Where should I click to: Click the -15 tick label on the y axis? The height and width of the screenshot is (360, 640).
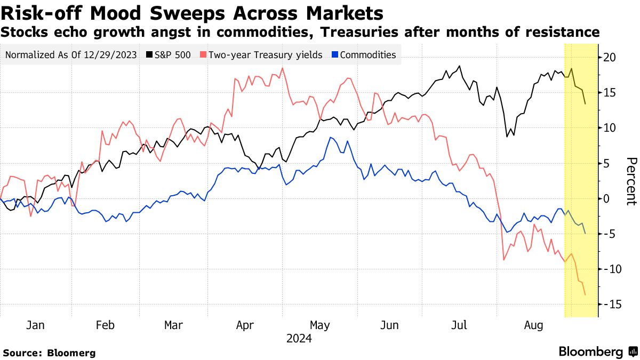click(x=611, y=304)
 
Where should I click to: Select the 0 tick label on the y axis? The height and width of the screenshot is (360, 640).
click(x=606, y=198)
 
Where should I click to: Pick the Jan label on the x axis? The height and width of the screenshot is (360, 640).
click(x=35, y=325)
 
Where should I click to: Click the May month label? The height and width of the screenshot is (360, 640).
click(x=319, y=325)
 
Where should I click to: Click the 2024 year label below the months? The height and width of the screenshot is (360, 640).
click(x=299, y=338)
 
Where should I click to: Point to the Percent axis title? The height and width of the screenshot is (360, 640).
click(x=631, y=181)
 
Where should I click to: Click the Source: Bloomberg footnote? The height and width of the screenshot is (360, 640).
click(x=49, y=353)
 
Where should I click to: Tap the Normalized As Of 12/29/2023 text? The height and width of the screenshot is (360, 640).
click(x=70, y=55)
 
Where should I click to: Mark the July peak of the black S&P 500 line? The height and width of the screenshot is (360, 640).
click(x=459, y=66)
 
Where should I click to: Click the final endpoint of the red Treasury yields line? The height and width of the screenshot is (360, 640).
click(x=585, y=294)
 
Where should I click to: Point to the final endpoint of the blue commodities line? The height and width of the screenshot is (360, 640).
click(x=585, y=234)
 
